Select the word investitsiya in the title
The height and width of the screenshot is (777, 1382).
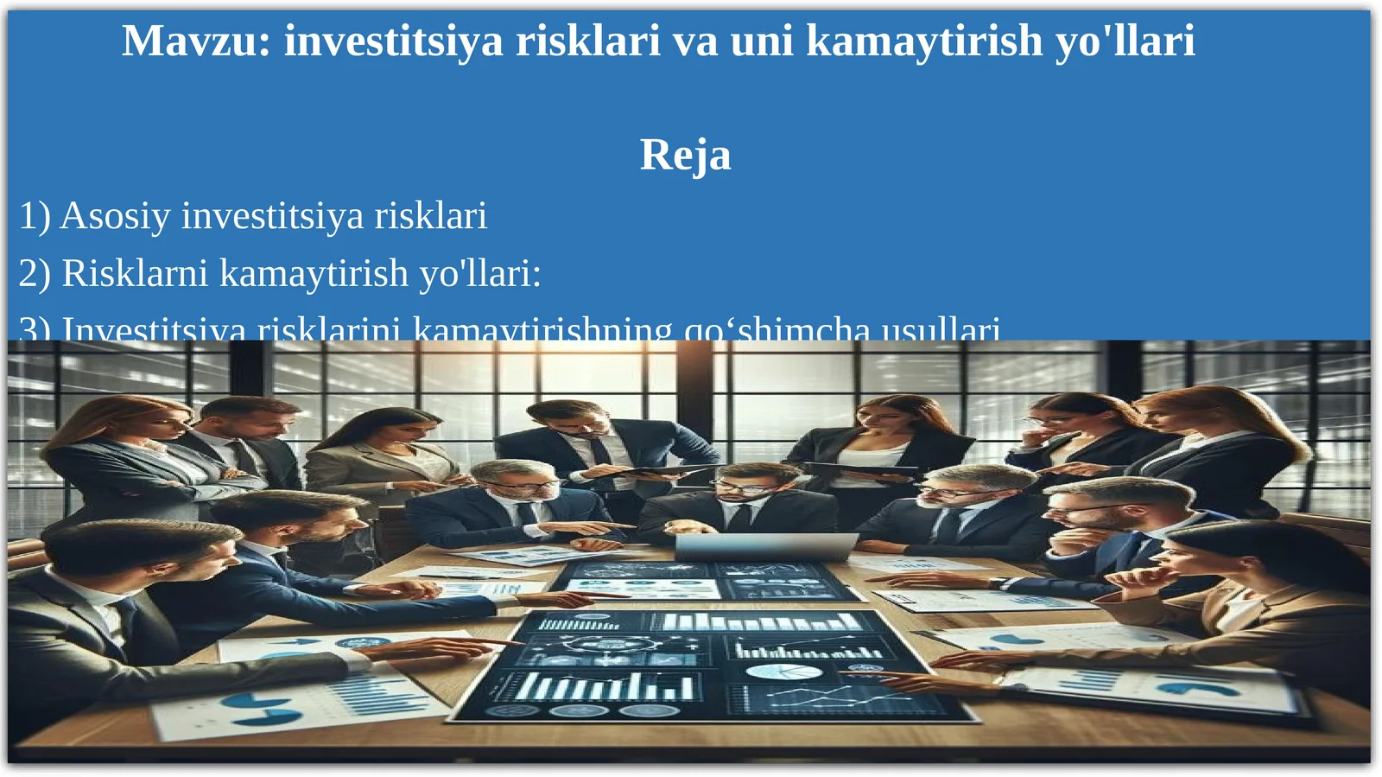point(393,41)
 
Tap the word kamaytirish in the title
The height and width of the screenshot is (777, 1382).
point(924,41)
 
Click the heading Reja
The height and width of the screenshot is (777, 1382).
point(685,155)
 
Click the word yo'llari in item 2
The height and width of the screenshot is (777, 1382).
point(480,273)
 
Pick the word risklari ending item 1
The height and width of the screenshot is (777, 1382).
point(430,216)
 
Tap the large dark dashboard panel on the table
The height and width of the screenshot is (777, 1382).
point(717,666)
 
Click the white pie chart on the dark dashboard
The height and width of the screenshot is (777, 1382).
point(771,672)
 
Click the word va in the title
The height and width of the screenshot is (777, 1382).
point(694,41)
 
